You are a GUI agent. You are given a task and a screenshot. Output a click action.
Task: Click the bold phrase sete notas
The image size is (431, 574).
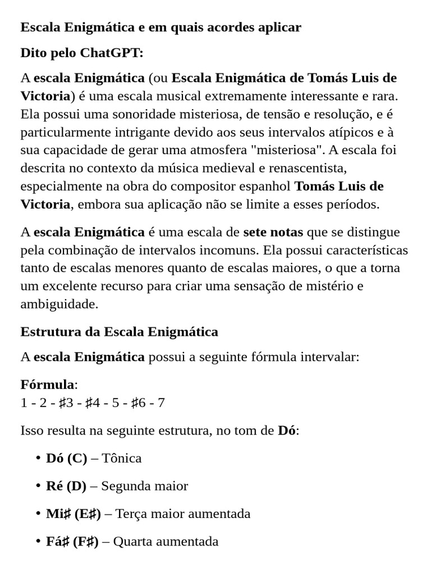pyautogui.click(x=273, y=232)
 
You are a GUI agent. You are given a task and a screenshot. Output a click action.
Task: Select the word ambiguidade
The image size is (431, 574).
pyautogui.click(x=59, y=304)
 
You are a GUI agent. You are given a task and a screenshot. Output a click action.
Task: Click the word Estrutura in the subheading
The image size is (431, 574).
pyautogui.click(x=48, y=332)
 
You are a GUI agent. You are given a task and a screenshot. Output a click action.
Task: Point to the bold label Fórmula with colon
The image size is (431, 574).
pyautogui.click(x=49, y=385)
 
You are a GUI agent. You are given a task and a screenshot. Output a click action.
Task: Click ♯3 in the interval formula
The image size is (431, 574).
pyautogui.click(x=66, y=403)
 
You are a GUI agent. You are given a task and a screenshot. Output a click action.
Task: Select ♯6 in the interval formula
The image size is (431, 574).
pyautogui.click(x=138, y=403)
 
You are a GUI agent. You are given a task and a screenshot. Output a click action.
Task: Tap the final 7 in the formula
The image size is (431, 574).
pyautogui.click(x=162, y=403)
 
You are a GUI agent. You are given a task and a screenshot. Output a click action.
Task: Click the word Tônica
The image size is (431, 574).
pyautogui.click(x=122, y=458)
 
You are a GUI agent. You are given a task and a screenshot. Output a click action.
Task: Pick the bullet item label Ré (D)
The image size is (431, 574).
pyautogui.click(x=66, y=486)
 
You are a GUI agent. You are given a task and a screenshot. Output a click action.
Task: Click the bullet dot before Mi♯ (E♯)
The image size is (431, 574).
pyautogui.click(x=38, y=513)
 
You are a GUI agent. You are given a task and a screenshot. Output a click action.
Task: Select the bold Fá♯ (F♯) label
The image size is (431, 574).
pyautogui.click(x=72, y=541)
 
